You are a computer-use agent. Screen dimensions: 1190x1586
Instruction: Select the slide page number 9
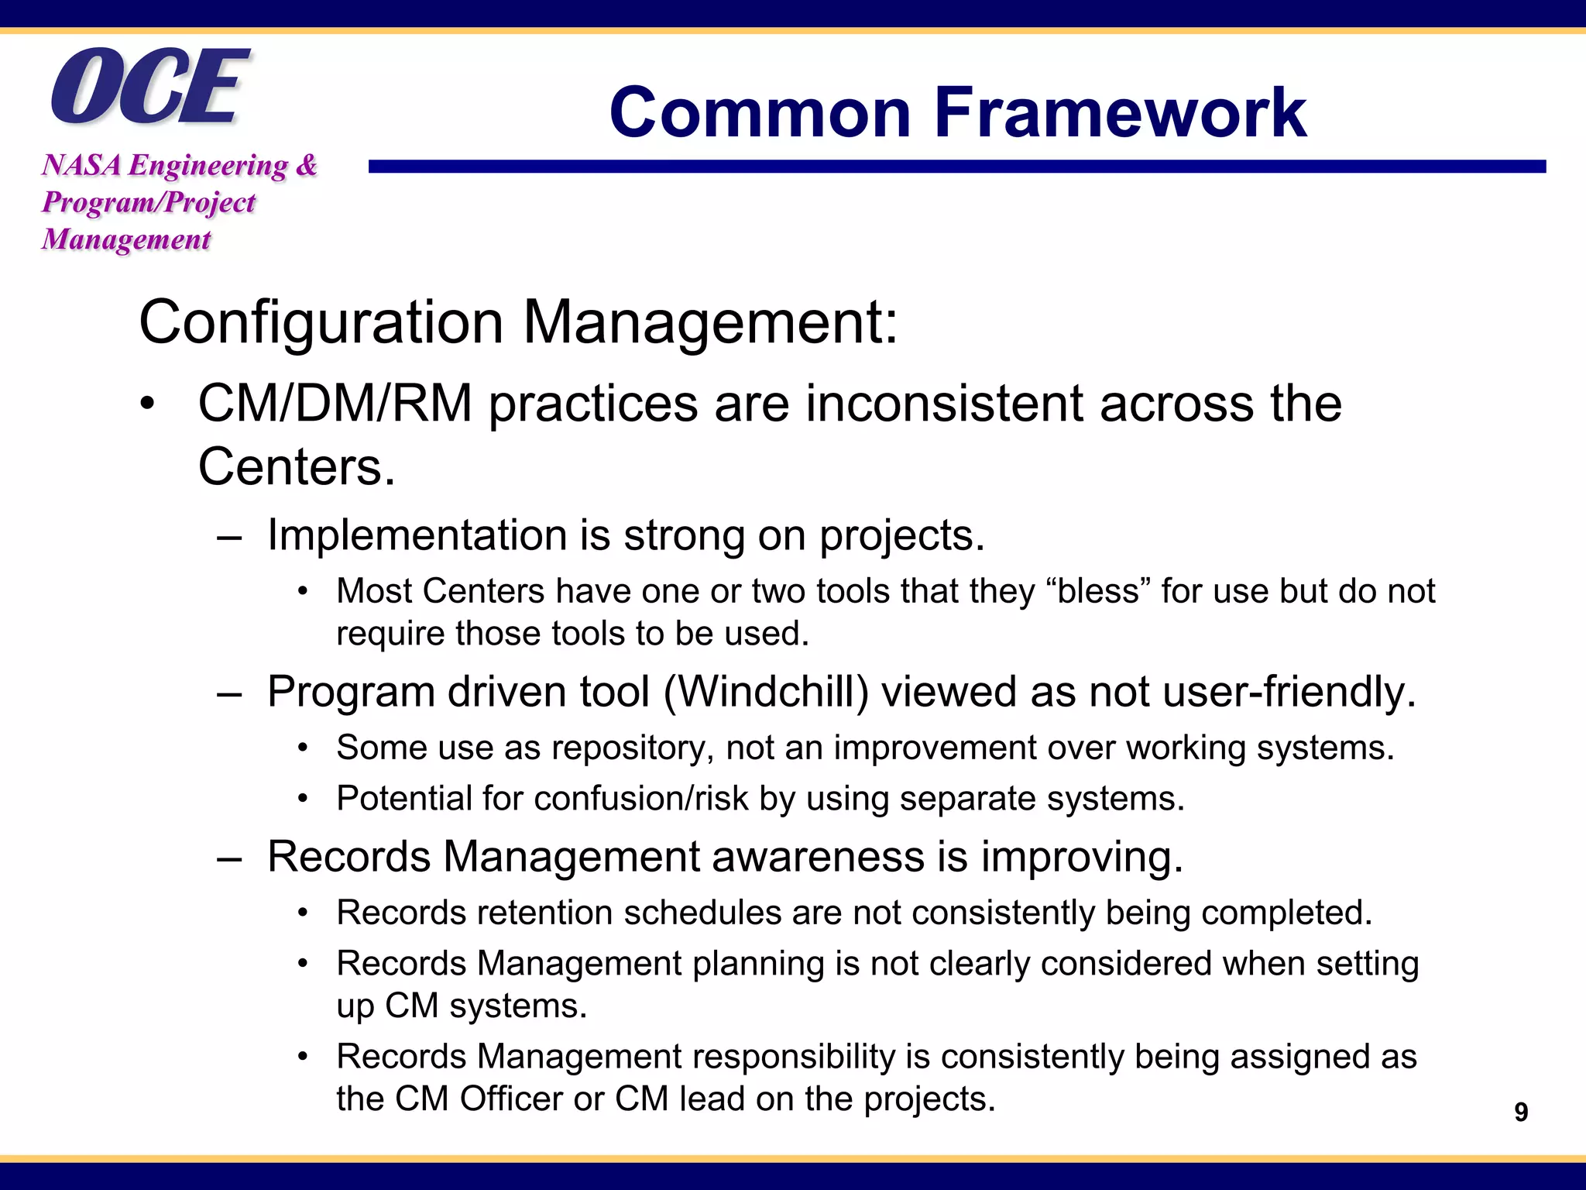pos(1521,1112)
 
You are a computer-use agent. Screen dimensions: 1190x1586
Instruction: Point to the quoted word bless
pos(1098,591)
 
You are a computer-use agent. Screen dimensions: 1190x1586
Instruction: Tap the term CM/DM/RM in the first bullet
pos(335,404)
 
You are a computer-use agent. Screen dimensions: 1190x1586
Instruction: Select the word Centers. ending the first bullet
pos(297,467)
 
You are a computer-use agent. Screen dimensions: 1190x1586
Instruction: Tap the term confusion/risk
pos(640,799)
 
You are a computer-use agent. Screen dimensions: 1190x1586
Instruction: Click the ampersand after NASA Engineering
pos(307,165)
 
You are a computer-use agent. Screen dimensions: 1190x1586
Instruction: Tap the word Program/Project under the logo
pos(149,202)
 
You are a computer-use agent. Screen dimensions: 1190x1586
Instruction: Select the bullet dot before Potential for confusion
pos(304,799)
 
